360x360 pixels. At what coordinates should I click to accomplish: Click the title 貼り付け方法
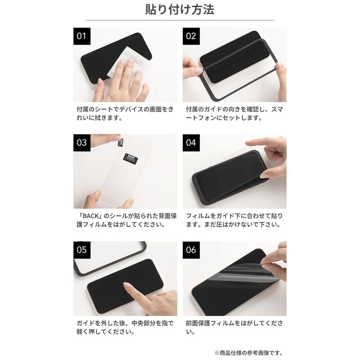(180, 10)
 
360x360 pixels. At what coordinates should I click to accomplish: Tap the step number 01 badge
(82, 36)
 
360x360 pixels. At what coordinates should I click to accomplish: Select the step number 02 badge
(191, 36)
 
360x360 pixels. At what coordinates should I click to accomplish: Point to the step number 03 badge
(82, 143)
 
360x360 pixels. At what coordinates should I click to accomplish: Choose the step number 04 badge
(191, 143)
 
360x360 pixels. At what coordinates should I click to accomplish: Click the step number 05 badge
(82, 250)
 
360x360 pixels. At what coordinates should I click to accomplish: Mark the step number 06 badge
(191, 250)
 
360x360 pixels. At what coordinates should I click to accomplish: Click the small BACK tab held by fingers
(120, 141)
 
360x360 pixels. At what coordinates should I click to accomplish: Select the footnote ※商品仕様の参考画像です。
(249, 353)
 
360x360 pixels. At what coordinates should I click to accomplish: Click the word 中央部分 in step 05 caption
(143, 323)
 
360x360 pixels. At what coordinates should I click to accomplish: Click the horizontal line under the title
(180, 20)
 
